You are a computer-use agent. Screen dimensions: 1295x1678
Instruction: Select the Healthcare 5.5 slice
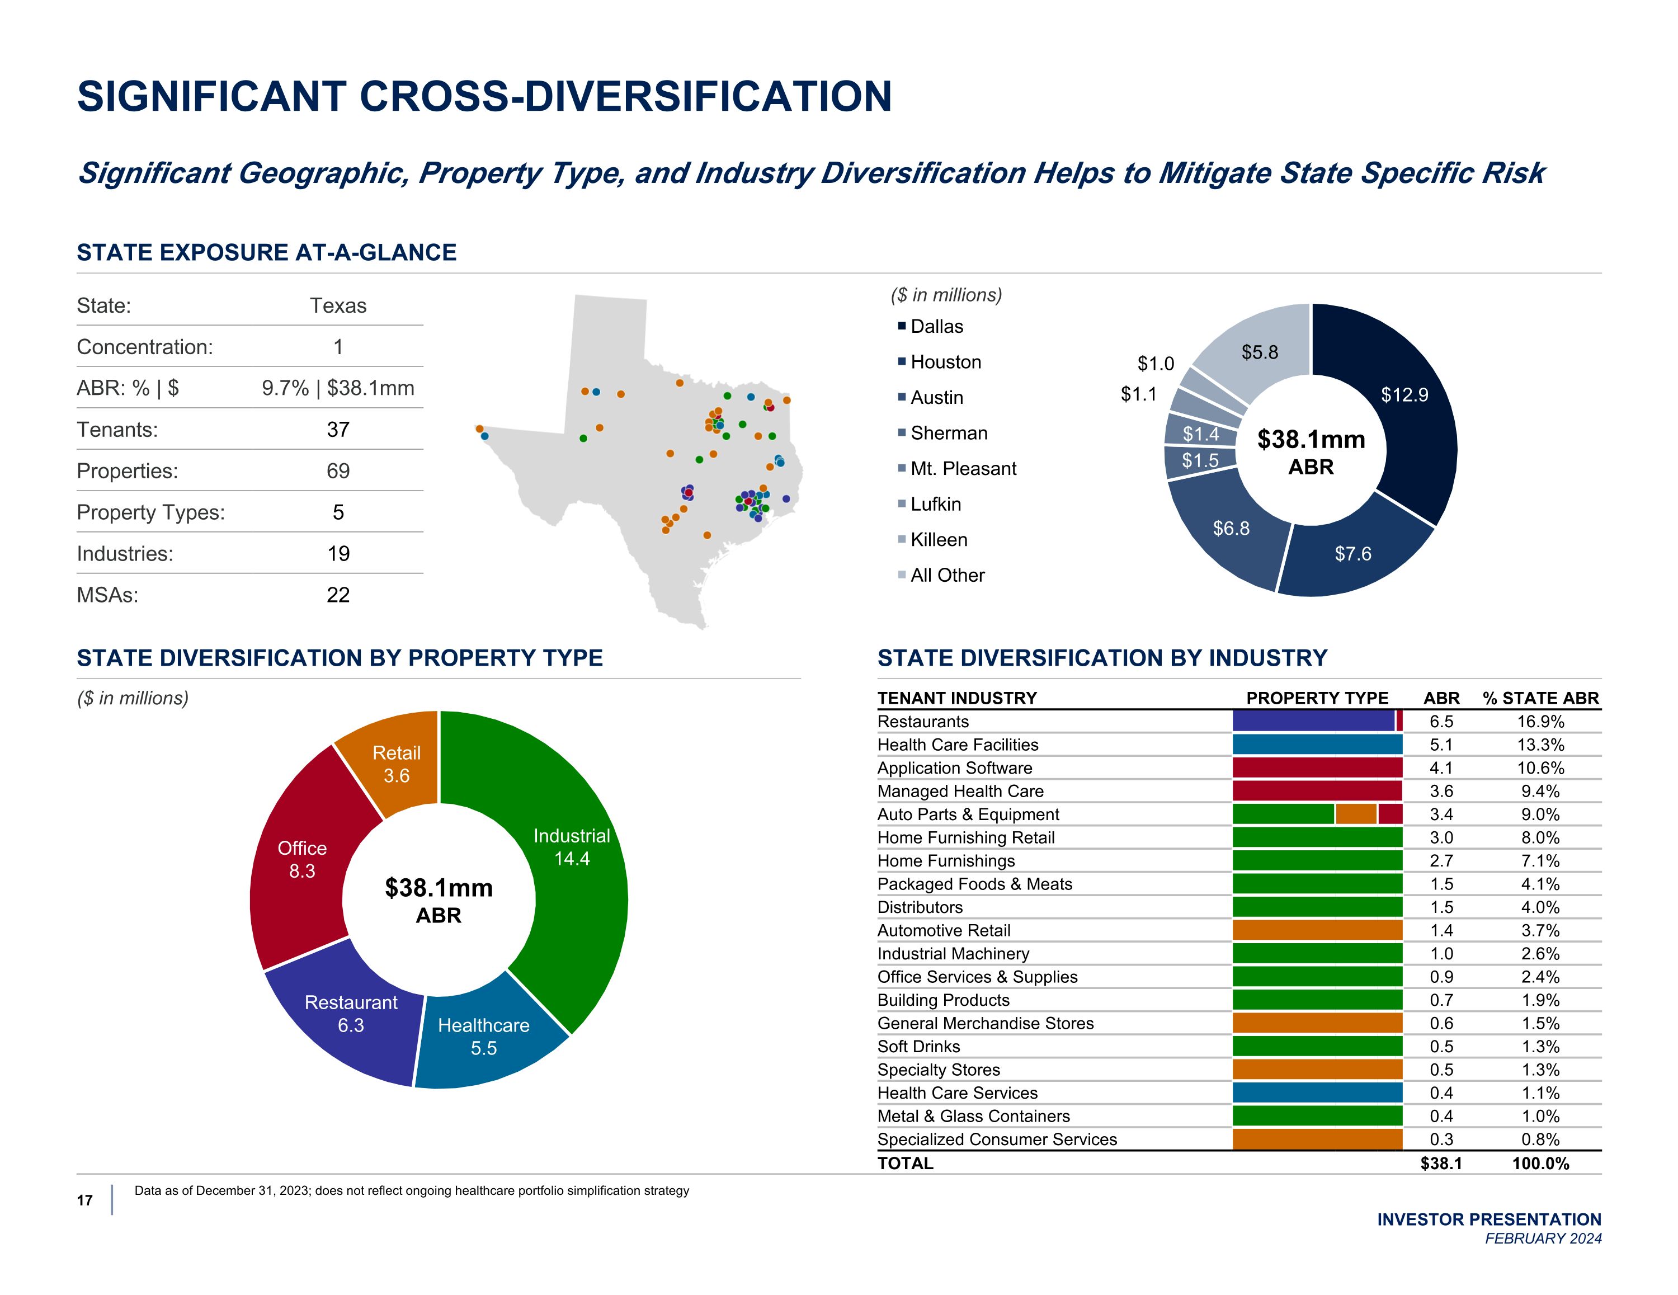484,1038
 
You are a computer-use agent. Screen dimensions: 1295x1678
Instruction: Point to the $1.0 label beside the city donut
1156,364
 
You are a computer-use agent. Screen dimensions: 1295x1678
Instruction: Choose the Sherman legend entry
948,434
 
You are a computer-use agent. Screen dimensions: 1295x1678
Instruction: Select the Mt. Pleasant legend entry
963,469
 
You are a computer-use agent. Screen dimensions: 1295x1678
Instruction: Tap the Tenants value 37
338,430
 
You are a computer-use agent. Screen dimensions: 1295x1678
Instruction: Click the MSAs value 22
338,595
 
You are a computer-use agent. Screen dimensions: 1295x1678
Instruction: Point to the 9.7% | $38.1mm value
338,388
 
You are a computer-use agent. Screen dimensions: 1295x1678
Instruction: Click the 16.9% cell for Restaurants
1540,722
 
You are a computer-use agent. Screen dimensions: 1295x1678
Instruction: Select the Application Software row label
954,768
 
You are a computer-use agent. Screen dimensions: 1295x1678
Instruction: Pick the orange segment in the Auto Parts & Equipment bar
1356,814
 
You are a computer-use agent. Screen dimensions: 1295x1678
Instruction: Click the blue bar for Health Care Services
1317,1093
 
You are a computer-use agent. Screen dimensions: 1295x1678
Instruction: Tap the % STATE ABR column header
1540,698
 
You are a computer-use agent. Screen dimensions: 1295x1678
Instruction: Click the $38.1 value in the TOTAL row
1441,1164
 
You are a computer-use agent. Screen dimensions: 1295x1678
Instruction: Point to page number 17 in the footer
84,1200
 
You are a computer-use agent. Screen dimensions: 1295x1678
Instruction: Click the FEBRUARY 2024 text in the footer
1543,1238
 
